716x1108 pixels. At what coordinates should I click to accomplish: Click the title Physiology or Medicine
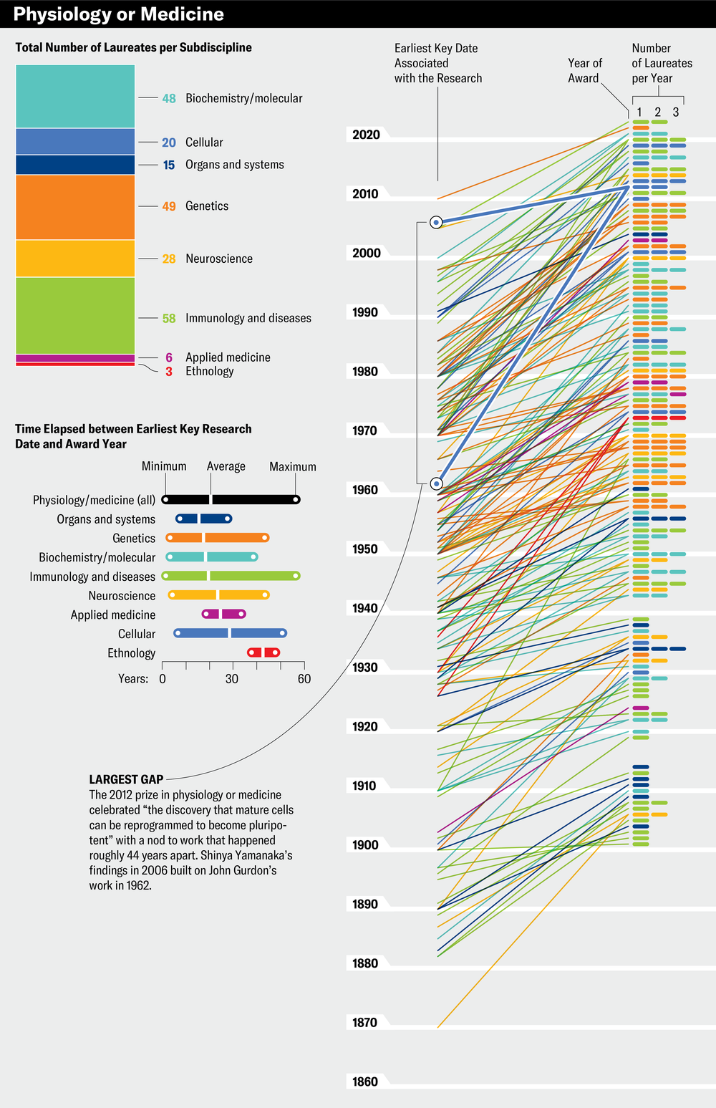pyautogui.click(x=118, y=14)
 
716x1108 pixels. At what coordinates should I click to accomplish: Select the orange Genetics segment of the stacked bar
pyautogui.click(x=75, y=207)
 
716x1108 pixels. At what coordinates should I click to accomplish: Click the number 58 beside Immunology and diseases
pyautogui.click(x=169, y=318)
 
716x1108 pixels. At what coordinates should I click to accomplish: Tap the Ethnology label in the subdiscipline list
pyautogui.click(x=209, y=371)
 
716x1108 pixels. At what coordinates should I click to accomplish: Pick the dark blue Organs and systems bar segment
pyautogui.click(x=75, y=165)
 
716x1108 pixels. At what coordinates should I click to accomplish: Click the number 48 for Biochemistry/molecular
pyautogui.click(x=169, y=98)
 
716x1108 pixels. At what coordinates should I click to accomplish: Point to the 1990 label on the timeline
pyautogui.click(x=365, y=312)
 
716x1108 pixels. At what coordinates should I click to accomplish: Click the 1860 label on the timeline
pyautogui.click(x=365, y=1081)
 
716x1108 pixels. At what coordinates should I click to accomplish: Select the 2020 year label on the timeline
pyautogui.click(x=366, y=135)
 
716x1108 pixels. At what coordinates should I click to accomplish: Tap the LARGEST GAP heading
pyautogui.click(x=126, y=779)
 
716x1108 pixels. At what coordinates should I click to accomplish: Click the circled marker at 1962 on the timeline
pyautogui.click(x=436, y=484)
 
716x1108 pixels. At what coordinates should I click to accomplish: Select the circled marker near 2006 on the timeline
pyautogui.click(x=436, y=223)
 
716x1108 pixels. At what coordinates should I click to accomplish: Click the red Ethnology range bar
pyautogui.click(x=263, y=652)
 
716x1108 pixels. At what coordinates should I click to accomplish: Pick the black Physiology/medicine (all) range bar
pyautogui.click(x=231, y=500)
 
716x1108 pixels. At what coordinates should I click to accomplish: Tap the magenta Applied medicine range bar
pyautogui.click(x=223, y=615)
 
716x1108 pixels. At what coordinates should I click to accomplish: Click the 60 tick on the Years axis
pyautogui.click(x=304, y=678)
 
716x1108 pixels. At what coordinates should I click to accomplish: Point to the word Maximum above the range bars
pyautogui.click(x=292, y=466)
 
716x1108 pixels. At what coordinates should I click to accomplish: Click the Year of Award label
pyautogui.click(x=584, y=71)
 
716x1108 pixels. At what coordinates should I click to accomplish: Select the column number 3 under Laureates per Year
pyautogui.click(x=675, y=112)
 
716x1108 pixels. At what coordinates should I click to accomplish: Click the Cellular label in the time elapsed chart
pyautogui.click(x=136, y=634)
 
